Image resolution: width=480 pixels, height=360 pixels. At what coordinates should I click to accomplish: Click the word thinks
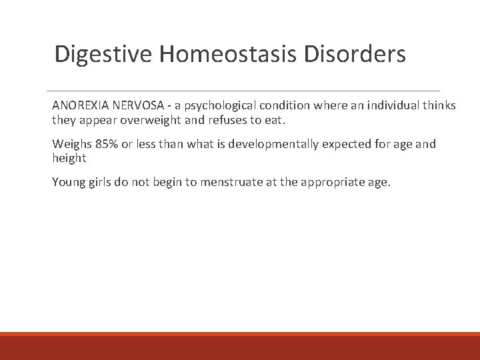pos(440,107)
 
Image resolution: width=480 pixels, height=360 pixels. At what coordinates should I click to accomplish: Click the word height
pos(69,159)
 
